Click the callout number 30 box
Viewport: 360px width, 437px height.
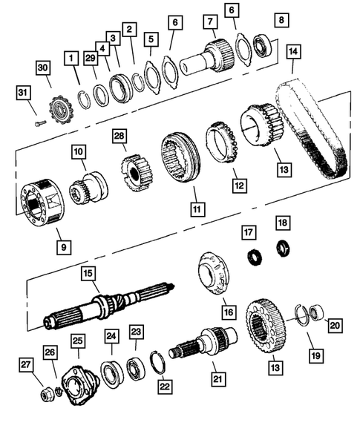[44, 68]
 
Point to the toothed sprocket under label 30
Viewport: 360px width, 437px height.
[56, 110]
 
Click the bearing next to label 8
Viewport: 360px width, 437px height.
[262, 45]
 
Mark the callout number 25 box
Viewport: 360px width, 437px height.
[78, 340]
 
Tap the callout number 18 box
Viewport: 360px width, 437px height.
[281, 223]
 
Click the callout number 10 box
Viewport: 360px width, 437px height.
[78, 152]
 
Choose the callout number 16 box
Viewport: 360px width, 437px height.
[228, 309]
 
